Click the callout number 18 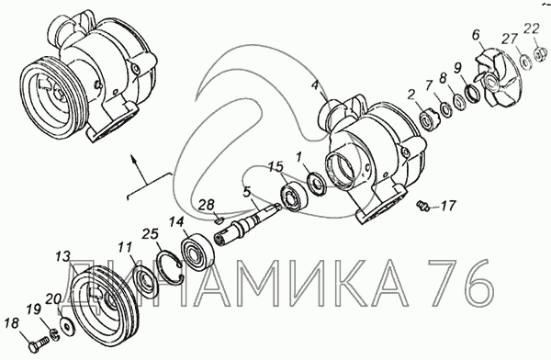coord(12,323)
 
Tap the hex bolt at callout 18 coord(38,343)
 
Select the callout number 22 coord(532,28)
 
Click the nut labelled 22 coord(539,54)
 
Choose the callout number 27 coord(509,39)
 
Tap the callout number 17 coord(448,206)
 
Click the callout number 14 coord(176,222)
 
